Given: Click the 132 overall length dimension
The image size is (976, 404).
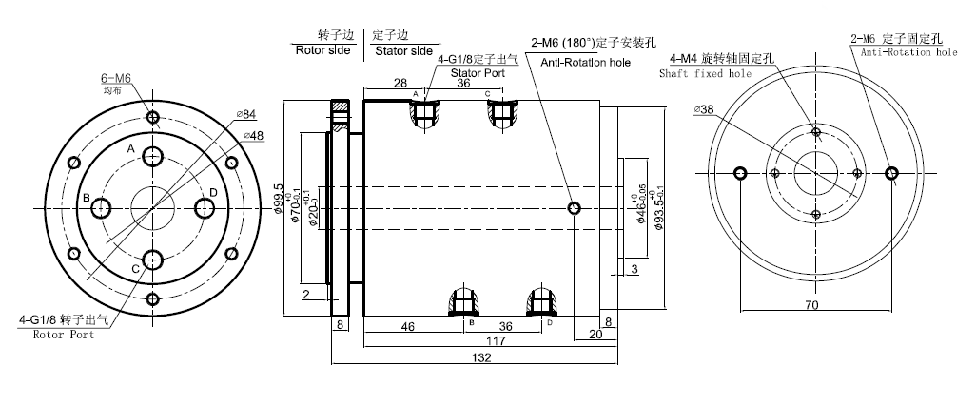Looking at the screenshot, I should pos(481,358).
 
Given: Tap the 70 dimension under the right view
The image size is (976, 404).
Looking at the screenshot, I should pos(810,305).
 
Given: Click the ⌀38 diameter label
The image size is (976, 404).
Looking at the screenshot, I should pos(705,109).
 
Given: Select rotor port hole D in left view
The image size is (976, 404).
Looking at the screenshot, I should pos(204,206).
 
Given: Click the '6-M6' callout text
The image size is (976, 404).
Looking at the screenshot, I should pos(118,78).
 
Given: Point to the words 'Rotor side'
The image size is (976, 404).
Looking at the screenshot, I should pos(324,50).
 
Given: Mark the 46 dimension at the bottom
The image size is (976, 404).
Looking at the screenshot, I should pos(407,326).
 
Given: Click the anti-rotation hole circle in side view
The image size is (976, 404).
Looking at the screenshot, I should pos(573,208).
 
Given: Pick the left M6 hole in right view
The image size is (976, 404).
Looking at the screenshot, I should pos(741,173).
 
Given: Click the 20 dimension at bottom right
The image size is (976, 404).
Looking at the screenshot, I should pos(595,335).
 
